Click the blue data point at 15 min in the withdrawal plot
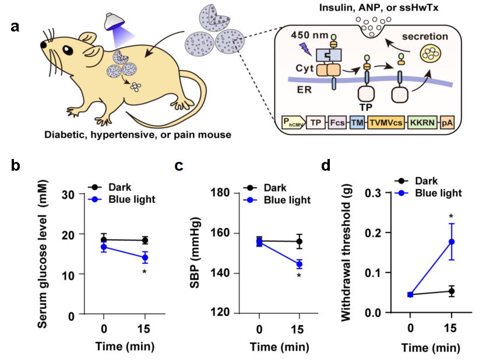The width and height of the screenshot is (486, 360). coord(451,241)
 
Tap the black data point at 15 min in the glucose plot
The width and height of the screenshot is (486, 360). coord(145,240)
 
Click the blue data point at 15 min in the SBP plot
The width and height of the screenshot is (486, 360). coord(299,264)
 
